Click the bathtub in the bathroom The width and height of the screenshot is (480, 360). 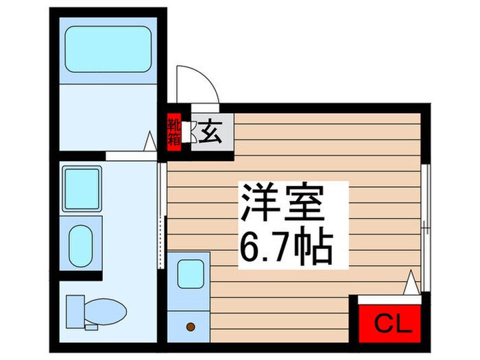[108, 49]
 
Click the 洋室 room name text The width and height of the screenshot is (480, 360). [282, 203]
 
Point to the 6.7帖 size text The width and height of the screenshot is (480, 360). [286, 246]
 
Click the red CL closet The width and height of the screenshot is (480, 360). [389, 323]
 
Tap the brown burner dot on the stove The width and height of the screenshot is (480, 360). [191, 327]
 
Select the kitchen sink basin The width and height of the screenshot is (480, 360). [191, 274]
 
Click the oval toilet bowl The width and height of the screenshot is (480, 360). [106, 311]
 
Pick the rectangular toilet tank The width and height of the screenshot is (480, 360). [75, 311]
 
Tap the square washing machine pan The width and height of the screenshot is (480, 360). [82, 189]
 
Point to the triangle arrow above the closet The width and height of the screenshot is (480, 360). [411, 283]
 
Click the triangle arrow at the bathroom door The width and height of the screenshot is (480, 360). [150, 141]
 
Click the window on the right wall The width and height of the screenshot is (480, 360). [426, 228]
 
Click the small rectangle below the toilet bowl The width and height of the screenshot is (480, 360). [91, 327]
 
